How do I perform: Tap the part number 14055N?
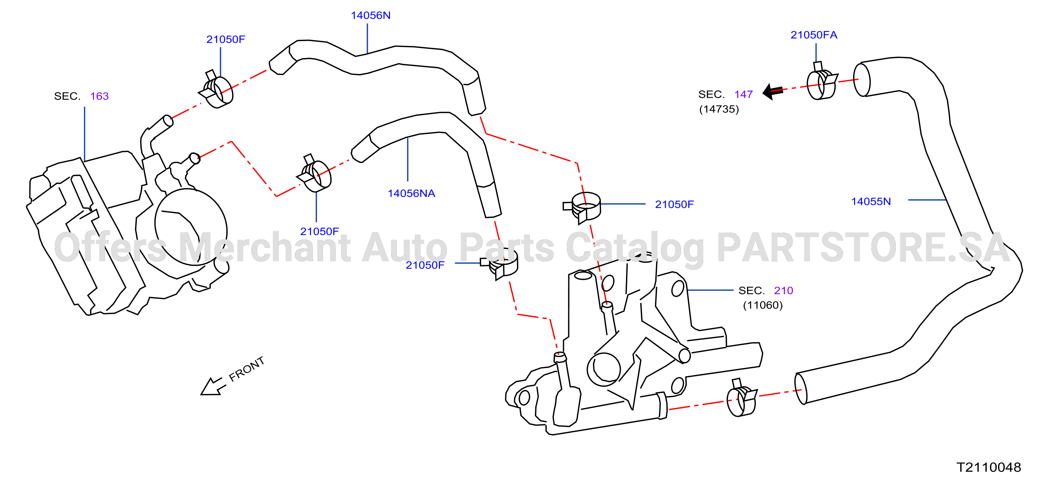(871, 202)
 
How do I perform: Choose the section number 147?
(743, 95)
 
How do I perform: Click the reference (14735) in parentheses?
(719, 109)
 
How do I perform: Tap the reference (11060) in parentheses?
(763, 305)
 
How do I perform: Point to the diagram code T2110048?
(989, 467)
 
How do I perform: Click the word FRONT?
(246, 369)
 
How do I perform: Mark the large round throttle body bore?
(191, 227)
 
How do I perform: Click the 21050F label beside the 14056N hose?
(226, 39)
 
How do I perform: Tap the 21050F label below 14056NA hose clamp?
(320, 232)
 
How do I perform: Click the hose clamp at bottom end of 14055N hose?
(741, 398)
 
